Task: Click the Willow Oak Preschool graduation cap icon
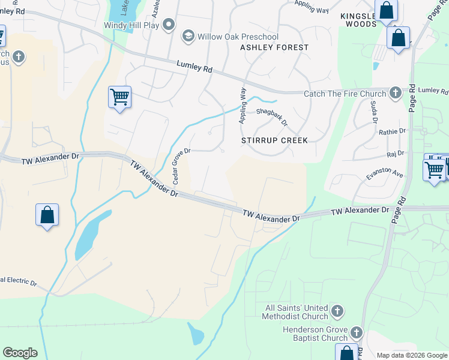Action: pyautogui.click(x=188, y=37)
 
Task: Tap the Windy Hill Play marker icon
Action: pyautogui.click(x=169, y=25)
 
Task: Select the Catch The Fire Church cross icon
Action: pyautogui.click(x=395, y=92)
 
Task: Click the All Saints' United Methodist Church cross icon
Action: pyautogui.click(x=337, y=311)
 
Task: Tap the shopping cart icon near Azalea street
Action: pyautogui.click(x=119, y=97)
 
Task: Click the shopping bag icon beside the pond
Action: pyautogui.click(x=47, y=215)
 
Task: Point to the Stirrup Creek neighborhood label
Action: pyautogui.click(x=274, y=140)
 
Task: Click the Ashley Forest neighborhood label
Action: pyautogui.click(x=274, y=47)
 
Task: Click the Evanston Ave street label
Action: pyautogui.click(x=385, y=173)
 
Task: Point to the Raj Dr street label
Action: pyautogui.click(x=396, y=154)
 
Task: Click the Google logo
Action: pyautogui.click(x=20, y=353)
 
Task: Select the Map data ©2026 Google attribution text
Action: pyautogui.click(x=411, y=355)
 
